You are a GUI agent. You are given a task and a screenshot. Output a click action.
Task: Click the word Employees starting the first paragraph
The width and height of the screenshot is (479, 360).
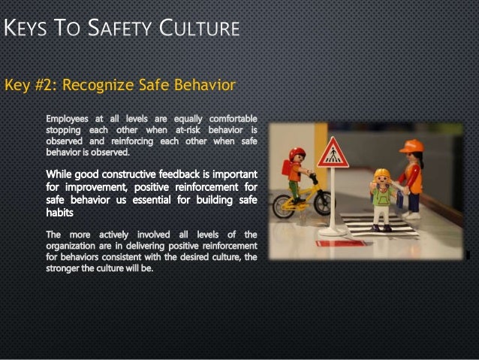[66, 119]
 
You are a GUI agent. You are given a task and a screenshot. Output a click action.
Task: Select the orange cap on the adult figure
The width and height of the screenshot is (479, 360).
[411, 145]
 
